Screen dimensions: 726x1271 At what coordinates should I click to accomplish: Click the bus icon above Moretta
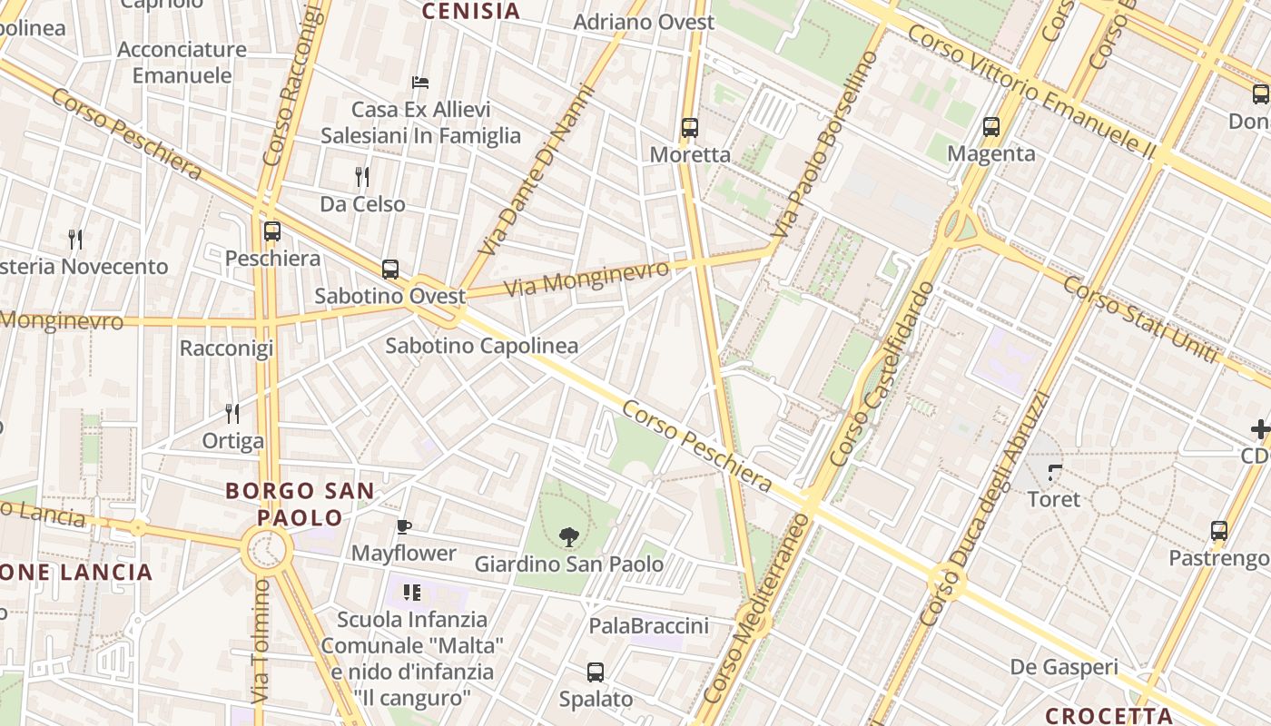[x=690, y=128]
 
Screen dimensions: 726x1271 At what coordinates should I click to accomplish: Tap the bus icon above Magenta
[x=991, y=127]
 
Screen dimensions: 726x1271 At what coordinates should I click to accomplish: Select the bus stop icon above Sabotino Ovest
[x=390, y=270]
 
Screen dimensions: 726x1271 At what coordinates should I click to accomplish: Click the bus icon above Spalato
[x=596, y=672]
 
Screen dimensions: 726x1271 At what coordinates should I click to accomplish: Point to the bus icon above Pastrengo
[x=1219, y=531]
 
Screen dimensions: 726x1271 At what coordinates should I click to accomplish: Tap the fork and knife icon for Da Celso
[x=362, y=176]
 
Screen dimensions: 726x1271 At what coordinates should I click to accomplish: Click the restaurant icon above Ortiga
[x=232, y=414]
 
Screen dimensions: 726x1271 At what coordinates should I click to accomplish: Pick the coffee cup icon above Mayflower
[x=404, y=526]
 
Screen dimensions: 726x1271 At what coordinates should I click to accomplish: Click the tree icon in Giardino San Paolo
[x=569, y=537]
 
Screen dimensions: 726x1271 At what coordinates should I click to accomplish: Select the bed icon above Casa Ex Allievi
[x=419, y=83]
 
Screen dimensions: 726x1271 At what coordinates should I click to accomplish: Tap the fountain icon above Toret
[x=1055, y=472]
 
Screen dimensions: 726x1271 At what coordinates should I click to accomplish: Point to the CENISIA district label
[x=471, y=11]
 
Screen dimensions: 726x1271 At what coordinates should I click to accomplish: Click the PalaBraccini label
[x=648, y=626]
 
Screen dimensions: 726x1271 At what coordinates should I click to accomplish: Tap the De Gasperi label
[x=1064, y=668]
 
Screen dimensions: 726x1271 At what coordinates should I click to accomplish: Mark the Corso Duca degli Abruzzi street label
[x=984, y=508]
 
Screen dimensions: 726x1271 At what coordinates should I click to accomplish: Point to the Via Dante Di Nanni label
[x=537, y=171]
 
